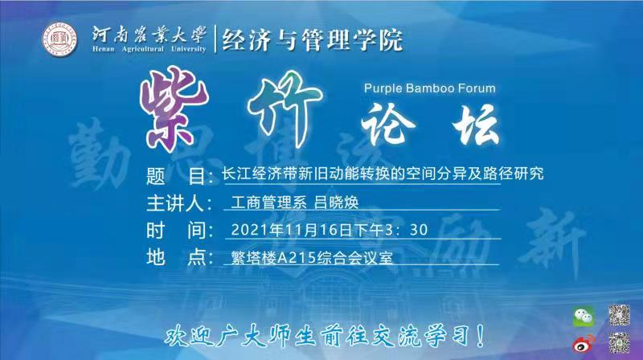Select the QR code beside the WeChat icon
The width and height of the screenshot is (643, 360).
[617, 314]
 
